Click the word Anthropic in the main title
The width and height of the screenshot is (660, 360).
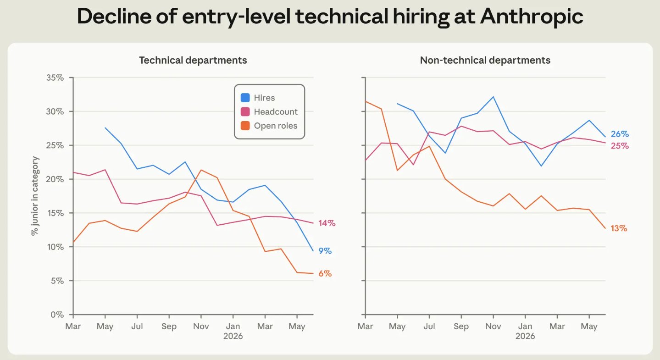pyautogui.click(x=532, y=16)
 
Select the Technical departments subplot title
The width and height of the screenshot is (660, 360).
pyautogui.click(x=193, y=60)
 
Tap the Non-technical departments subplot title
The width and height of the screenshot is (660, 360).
pyautogui.click(x=485, y=60)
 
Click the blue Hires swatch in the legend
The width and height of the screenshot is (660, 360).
pyautogui.click(x=245, y=98)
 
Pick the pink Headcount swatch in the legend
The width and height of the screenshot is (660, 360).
pyautogui.click(x=245, y=111)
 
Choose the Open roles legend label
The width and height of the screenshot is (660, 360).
pyautogui.click(x=276, y=126)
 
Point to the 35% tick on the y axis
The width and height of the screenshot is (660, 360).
pyautogui.click(x=55, y=78)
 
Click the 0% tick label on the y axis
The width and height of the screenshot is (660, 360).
pyautogui.click(x=57, y=315)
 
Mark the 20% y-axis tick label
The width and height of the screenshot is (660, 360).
pyautogui.click(x=55, y=179)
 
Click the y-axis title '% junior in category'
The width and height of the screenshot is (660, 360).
pyautogui.click(x=35, y=196)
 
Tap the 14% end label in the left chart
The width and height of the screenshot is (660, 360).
pyautogui.click(x=327, y=223)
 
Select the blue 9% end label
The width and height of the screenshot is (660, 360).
pyautogui.click(x=325, y=251)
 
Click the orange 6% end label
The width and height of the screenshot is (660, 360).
pyautogui.click(x=325, y=274)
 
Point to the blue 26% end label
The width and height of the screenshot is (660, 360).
pyautogui.click(x=620, y=134)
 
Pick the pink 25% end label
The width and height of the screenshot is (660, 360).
pyautogui.click(x=620, y=146)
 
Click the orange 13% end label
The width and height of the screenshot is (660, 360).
pyautogui.click(x=619, y=228)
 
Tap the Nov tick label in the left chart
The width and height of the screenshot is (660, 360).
pyautogui.click(x=201, y=327)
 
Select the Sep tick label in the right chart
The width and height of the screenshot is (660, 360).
pyautogui.click(x=461, y=327)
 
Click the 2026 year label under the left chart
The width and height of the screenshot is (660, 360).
pyautogui.click(x=233, y=336)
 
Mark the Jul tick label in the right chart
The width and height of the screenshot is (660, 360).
pyautogui.click(x=429, y=327)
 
